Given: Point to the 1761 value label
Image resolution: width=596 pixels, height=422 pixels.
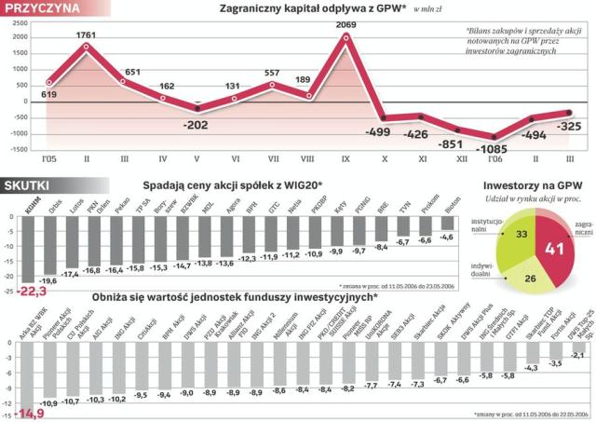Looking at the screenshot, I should tap(86, 35).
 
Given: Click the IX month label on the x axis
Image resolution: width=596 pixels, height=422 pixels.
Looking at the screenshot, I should tap(345, 158).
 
